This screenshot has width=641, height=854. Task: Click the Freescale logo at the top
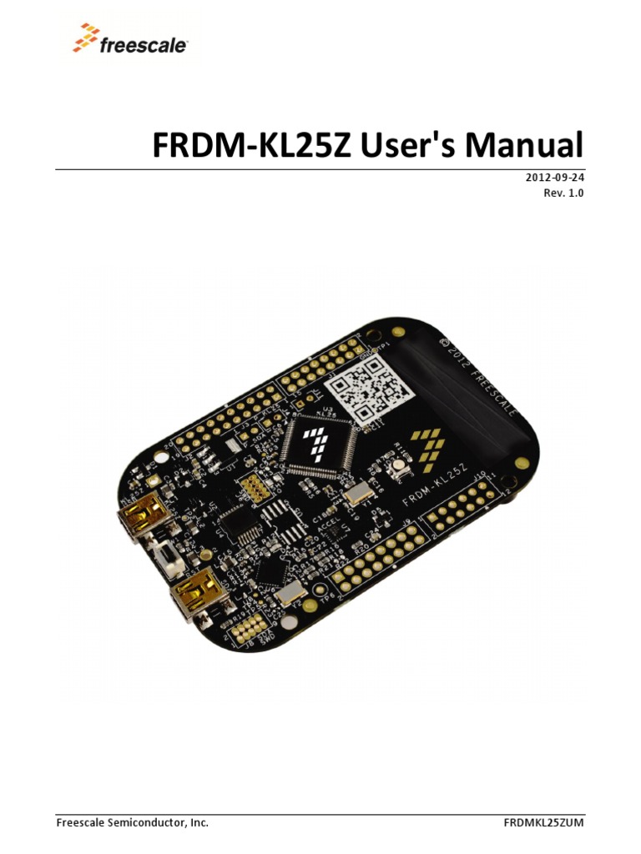point(130,40)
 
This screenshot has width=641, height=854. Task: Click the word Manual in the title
point(523,146)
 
